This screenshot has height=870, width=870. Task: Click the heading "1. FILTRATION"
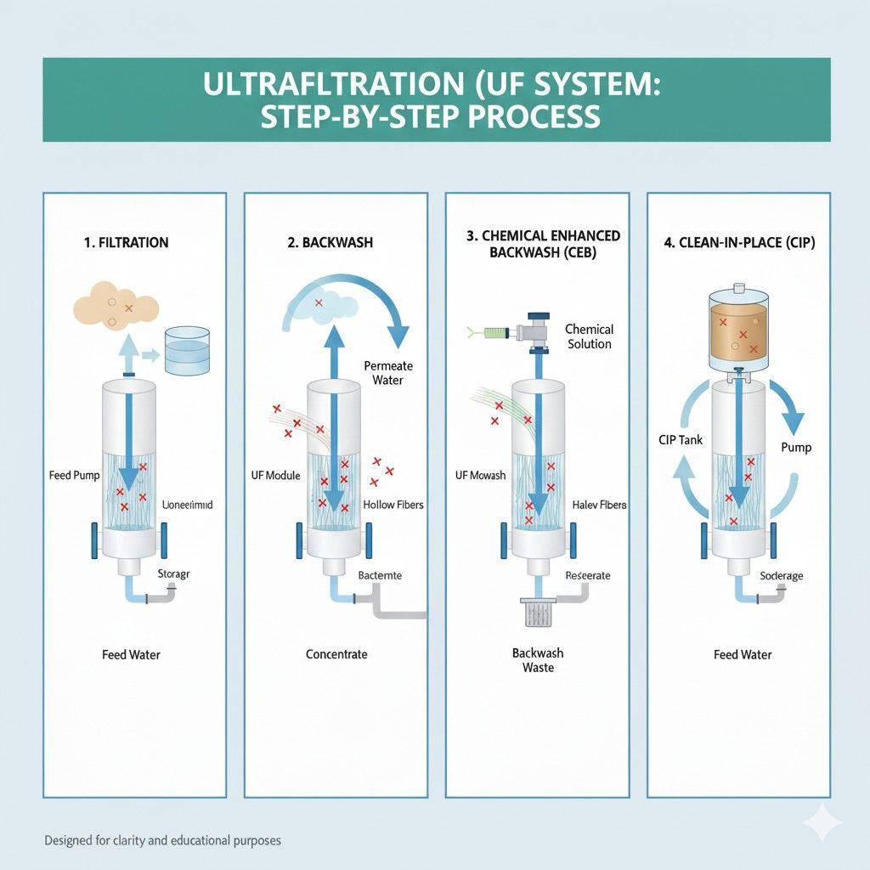click(x=126, y=243)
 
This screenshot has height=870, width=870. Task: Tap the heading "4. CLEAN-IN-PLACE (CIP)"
click(x=739, y=243)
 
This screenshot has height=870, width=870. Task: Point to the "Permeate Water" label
click(x=388, y=372)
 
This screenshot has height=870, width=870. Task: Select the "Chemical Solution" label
click(x=589, y=336)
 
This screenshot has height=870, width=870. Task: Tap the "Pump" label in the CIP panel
click(x=796, y=448)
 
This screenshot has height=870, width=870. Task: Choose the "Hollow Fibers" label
click(x=393, y=505)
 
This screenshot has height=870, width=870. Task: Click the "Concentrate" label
click(x=336, y=654)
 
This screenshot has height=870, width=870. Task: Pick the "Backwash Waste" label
click(x=538, y=660)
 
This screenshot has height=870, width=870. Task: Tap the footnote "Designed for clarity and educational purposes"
click(x=162, y=840)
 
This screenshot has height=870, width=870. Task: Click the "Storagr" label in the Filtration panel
click(x=174, y=574)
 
